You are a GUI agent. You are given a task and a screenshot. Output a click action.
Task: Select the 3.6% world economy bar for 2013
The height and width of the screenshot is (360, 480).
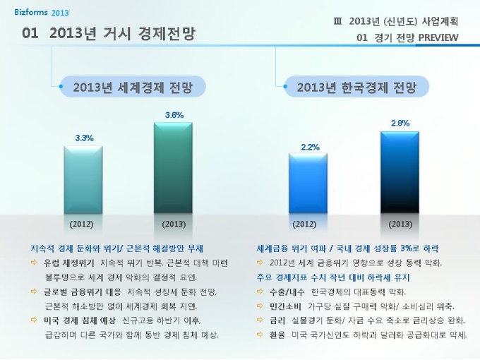point(174,167)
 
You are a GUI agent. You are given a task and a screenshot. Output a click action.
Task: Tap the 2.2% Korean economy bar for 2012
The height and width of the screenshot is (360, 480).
point(308,184)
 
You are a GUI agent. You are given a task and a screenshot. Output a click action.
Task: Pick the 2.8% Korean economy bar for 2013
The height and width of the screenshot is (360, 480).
point(400,172)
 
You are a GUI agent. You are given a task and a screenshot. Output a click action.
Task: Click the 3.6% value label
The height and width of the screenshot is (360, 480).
point(174,114)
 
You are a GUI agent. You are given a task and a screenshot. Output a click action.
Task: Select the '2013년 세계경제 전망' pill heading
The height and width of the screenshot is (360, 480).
point(133,88)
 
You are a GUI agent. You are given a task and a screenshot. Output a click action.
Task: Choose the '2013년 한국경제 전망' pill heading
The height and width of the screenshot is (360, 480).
point(356,88)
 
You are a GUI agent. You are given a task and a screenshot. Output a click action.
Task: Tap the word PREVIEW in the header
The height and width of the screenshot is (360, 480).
point(436,37)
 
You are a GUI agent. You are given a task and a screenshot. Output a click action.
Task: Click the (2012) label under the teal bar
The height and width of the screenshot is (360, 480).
point(81,224)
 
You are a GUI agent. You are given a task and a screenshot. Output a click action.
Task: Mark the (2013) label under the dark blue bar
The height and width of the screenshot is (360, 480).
point(400,224)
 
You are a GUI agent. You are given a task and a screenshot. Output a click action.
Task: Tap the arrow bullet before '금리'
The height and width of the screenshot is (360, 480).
point(260,320)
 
